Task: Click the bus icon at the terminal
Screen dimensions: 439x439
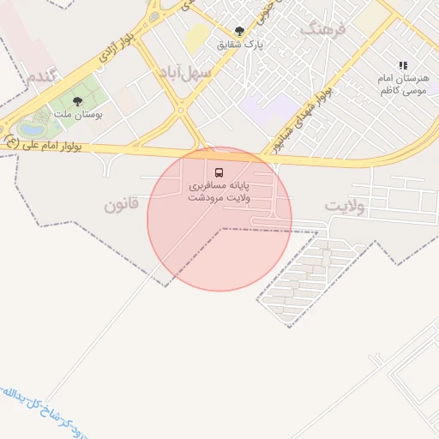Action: click(x=219, y=171)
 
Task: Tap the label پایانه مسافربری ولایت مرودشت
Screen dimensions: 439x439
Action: click(x=219, y=190)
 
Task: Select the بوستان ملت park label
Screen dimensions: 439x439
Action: click(x=78, y=113)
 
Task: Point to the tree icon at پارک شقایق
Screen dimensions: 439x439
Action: click(x=239, y=31)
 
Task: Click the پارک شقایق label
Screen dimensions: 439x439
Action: click(x=240, y=44)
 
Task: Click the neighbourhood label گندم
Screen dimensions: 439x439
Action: click(x=43, y=75)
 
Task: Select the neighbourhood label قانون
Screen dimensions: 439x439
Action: click(x=121, y=205)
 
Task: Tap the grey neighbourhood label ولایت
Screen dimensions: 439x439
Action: click(x=346, y=207)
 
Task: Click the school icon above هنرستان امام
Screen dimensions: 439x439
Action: click(x=403, y=65)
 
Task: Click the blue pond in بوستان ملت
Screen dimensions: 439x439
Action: click(x=32, y=130)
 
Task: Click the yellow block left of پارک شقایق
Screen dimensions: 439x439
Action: click(x=197, y=35)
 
